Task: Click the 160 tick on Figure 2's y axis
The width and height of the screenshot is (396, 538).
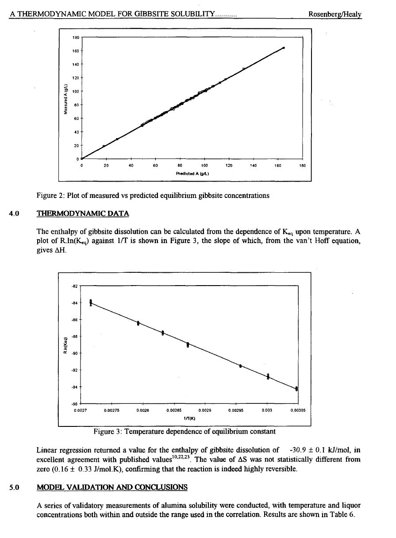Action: point(75,51)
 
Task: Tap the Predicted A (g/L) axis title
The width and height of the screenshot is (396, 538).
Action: point(191,173)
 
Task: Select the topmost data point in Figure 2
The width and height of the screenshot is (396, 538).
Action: point(283,48)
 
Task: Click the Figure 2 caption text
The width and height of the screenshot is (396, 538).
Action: point(153,195)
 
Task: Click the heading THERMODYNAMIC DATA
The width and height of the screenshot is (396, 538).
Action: point(83,213)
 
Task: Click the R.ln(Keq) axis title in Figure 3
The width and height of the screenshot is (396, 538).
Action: point(66,344)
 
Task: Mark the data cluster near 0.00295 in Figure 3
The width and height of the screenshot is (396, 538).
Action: point(240,366)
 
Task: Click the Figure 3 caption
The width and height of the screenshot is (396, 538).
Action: point(184,431)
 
